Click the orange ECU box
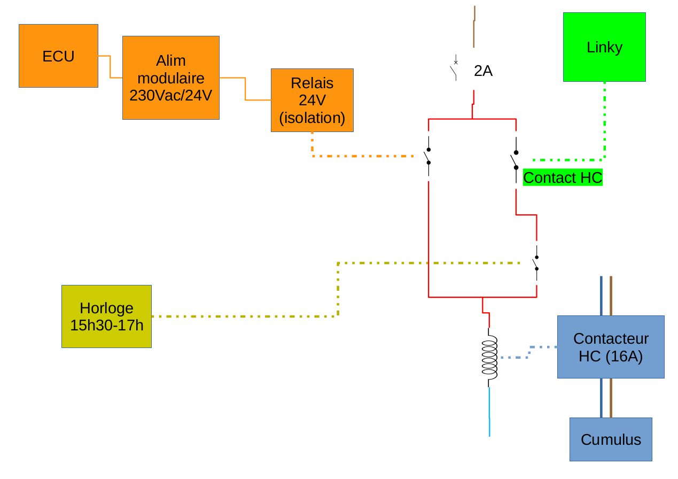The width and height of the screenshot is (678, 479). [x=58, y=56]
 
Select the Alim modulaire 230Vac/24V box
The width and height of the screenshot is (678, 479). [x=170, y=78]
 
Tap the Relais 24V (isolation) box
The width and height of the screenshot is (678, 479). [x=312, y=100]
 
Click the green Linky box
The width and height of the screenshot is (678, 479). [x=604, y=47]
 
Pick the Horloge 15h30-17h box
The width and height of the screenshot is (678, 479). [x=106, y=316]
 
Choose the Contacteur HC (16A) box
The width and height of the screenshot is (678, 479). [x=611, y=347]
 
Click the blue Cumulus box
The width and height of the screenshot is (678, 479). [x=611, y=439]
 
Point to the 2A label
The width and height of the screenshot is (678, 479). [x=483, y=71]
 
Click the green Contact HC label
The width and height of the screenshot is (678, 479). [x=563, y=177]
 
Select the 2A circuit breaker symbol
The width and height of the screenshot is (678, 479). [x=455, y=68]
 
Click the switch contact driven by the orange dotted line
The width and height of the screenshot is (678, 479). [x=428, y=157]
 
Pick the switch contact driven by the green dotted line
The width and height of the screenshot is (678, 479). [x=515, y=160]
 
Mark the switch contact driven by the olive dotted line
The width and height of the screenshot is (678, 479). [x=536, y=263]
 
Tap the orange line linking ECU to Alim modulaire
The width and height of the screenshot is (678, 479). [x=110, y=67]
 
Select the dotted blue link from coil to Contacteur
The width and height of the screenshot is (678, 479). [x=526, y=353]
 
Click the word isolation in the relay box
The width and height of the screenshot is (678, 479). [x=312, y=118]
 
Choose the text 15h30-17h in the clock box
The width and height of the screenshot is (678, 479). [x=106, y=325]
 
